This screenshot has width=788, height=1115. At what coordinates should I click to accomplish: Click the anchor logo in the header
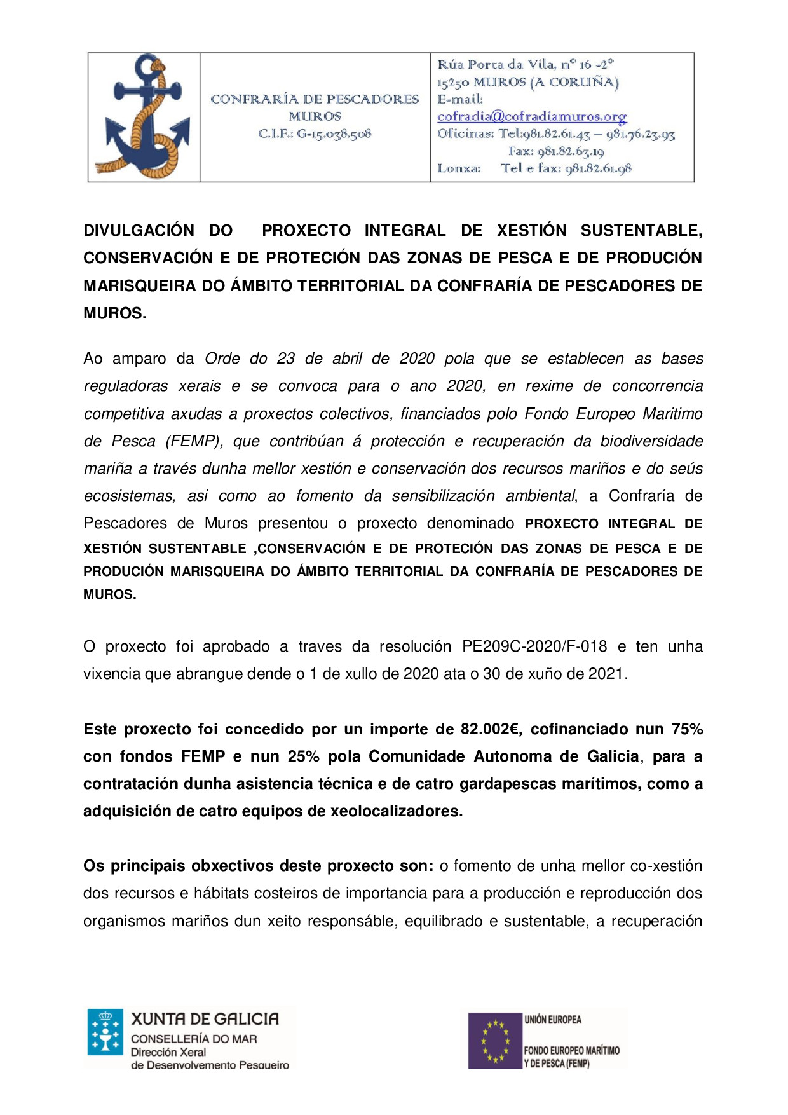[x=144, y=117]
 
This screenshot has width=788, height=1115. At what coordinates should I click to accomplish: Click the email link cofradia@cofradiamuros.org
[x=532, y=117]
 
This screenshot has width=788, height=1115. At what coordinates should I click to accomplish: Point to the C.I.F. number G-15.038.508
[x=334, y=134]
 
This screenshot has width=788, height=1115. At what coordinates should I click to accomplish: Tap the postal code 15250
[x=453, y=83]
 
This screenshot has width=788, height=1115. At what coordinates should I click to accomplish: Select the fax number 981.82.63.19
[x=570, y=152]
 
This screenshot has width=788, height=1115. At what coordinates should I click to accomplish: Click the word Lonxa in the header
[x=458, y=169]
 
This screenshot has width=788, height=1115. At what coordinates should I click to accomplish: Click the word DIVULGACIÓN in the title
[x=139, y=230]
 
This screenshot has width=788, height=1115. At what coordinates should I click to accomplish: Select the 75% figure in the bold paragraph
[x=687, y=729]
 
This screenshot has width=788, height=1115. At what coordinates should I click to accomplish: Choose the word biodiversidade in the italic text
[x=651, y=441]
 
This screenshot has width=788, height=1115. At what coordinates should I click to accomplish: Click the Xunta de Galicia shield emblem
[x=105, y=1032]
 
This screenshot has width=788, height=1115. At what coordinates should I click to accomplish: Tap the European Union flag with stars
[x=495, y=1041]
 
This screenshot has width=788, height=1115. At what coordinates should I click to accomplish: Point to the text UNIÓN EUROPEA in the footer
[x=552, y=1020]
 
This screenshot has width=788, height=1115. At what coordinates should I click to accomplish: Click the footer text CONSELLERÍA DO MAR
[x=194, y=1039]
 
